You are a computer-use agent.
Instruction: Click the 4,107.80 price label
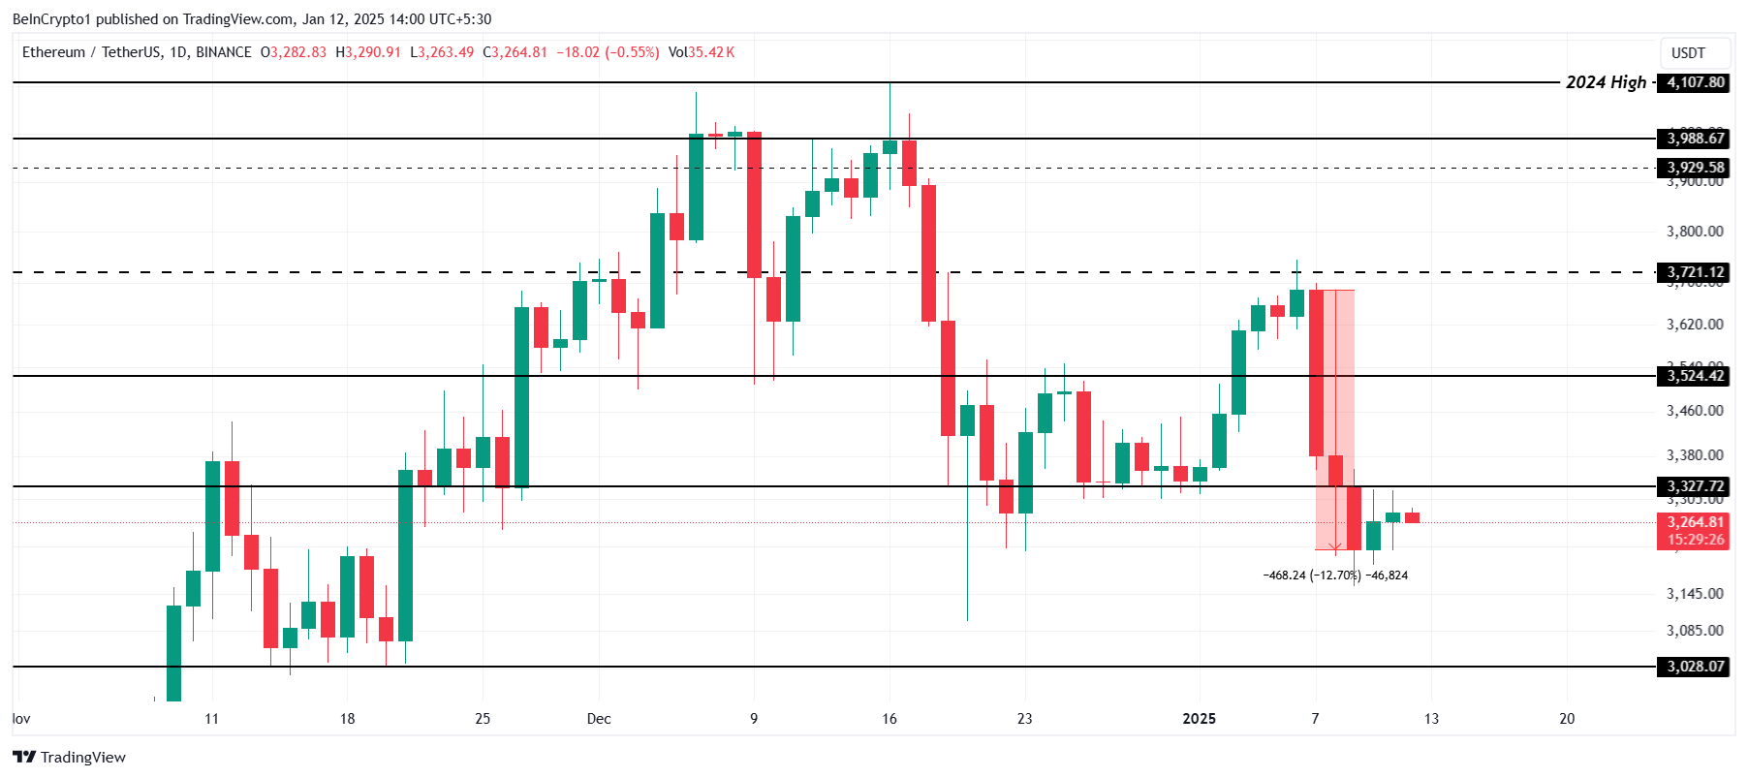click(1695, 82)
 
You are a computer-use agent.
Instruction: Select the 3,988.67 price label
click(1695, 139)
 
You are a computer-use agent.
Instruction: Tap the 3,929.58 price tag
click(1695, 168)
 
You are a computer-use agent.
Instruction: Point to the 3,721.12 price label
click(1695, 272)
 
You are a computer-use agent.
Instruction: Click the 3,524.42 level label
click(1695, 376)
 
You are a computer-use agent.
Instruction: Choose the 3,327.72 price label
click(1695, 486)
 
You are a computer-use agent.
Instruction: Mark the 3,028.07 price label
click(1695, 667)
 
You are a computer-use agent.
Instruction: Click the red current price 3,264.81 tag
click(1695, 523)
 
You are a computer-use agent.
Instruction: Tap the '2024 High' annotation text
click(1606, 82)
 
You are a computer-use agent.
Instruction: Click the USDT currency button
click(1688, 53)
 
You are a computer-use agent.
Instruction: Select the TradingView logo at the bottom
click(70, 757)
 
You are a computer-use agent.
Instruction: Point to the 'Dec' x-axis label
click(599, 719)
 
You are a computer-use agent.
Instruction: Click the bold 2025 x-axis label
click(1199, 719)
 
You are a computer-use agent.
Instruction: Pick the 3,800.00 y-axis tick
click(1695, 232)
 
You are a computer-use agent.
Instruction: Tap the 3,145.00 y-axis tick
click(1695, 594)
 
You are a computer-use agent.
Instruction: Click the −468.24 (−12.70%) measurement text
click(1312, 576)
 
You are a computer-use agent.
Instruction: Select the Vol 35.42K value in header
click(702, 52)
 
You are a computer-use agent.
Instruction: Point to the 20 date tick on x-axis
click(1567, 719)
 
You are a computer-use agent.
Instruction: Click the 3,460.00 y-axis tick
click(1695, 411)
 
